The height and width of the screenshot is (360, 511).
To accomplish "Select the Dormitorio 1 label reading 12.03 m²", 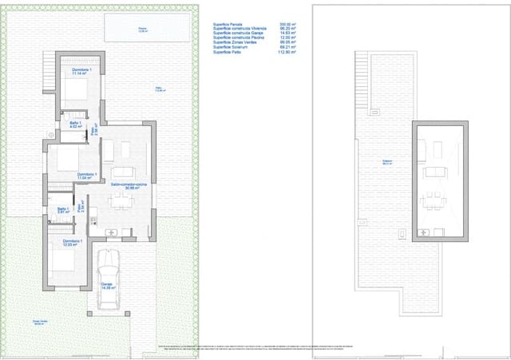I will click(x=72, y=243).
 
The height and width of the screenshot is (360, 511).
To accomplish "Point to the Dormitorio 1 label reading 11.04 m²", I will click(x=87, y=176).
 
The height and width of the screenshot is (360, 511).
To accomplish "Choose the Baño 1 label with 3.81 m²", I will click(x=64, y=211).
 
